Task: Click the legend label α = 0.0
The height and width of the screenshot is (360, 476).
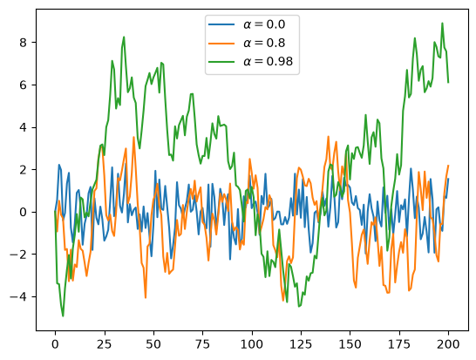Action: (264, 24)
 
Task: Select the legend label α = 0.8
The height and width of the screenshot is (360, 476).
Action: (264, 43)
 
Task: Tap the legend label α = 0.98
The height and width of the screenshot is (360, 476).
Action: (268, 62)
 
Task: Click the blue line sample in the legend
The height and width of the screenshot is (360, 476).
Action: (221, 24)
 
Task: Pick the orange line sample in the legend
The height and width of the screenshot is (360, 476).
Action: (221, 43)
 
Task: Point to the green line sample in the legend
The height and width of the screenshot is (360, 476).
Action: (221, 62)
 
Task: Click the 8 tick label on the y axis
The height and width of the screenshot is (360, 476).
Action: (23, 43)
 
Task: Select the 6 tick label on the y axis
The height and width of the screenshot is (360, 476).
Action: (23, 85)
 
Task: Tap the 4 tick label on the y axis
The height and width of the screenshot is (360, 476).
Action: (23, 127)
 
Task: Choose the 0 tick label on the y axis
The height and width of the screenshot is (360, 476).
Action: (23, 212)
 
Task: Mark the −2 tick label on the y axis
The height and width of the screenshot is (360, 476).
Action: (18, 255)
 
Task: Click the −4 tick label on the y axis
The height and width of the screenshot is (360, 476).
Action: (18, 296)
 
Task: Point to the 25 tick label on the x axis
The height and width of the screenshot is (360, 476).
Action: (104, 344)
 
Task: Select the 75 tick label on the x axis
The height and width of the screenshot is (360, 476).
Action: (202, 344)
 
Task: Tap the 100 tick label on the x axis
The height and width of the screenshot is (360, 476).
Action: (252, 344)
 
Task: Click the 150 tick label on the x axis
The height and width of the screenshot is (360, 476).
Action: (350, 344)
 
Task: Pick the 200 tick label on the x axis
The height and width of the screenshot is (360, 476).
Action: (448, 344)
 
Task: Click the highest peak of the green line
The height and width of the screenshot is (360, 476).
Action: (442, 23)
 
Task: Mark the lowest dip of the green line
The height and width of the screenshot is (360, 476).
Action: (63, 316)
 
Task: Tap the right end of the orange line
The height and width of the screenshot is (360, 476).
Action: (448, 166)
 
